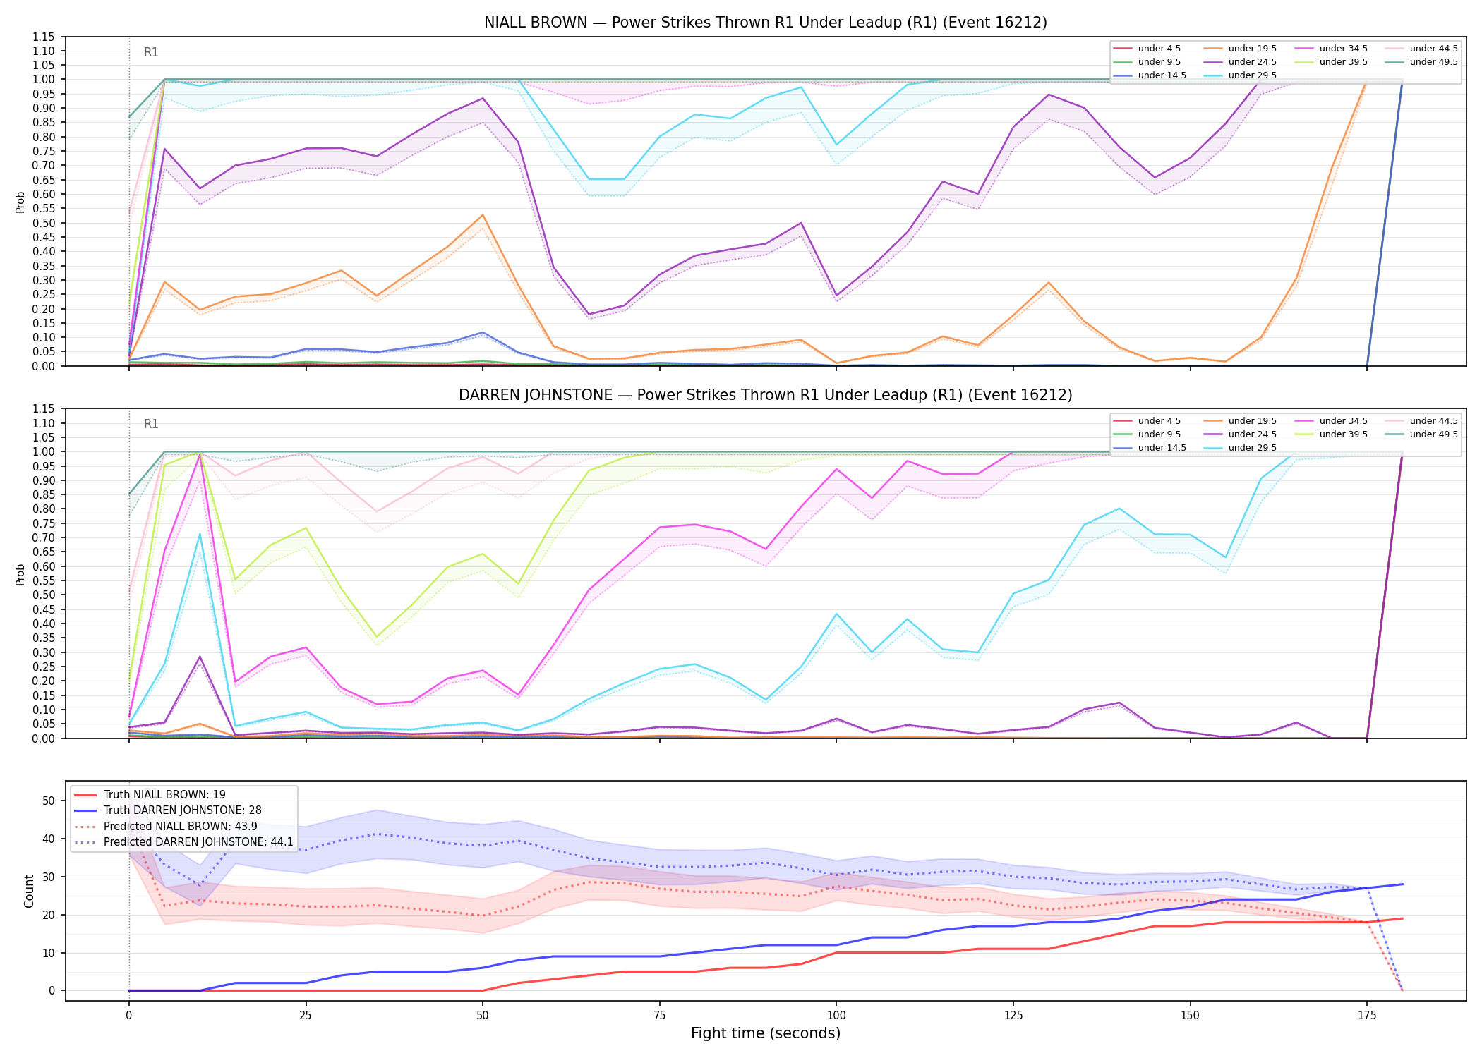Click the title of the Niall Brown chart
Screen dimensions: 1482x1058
click(x=765, y=23)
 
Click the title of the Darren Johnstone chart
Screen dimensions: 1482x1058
click(x=765, y=395)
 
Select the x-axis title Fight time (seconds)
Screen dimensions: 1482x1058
click(x=766, y=1033)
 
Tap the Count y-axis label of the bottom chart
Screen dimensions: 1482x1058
click(x=29, y=891)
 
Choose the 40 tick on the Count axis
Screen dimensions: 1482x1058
click(x=49, y=839)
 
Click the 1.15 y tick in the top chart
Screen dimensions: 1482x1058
click(x=44, y=37)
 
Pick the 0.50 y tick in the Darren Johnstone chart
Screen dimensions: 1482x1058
click(x=44, y=595)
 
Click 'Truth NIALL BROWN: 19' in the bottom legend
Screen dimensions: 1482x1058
click(x=164, y=795)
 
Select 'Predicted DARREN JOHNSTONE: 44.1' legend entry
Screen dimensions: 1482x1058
click(x=198, y=841)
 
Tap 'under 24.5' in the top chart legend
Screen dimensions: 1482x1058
click(x=1253, y=62)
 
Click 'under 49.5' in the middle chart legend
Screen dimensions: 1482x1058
click(x=1434, y=434)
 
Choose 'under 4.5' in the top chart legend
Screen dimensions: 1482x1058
click(x=1159, y=49)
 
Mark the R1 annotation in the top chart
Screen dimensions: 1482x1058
click(x=151, y=52)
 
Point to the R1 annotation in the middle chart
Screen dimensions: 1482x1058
click(x=151, y=424)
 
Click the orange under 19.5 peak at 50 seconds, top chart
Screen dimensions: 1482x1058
click(x=483, y=215)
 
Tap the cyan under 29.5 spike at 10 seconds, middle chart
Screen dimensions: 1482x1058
click(x=200, y=534)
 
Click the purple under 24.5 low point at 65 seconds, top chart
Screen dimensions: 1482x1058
click(x=589, y=315)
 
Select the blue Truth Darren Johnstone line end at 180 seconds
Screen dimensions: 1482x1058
click(x=1402, y=884)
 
